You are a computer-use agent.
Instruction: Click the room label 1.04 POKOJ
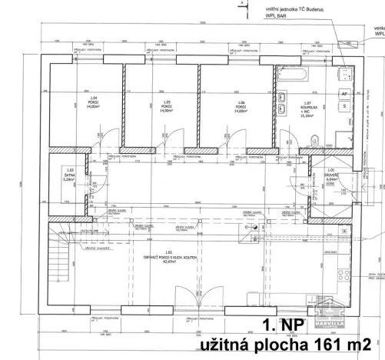(x=93, y=103)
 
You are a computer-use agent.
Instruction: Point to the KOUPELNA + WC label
(x=306, y=106)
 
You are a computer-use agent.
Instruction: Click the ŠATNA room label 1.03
(x=70, y=175)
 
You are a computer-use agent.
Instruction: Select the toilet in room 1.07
(x=317, y=138)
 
